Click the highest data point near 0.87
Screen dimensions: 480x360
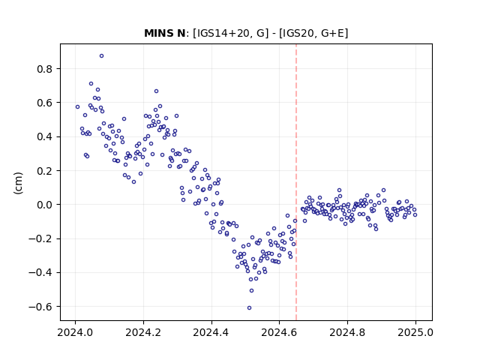click(102, 56)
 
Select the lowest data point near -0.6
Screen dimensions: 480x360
click(250, 308)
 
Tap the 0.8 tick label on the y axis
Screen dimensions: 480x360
click(45, 69)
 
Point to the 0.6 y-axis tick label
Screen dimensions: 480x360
click(45, 103)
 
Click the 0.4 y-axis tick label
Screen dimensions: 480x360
click(45, 136)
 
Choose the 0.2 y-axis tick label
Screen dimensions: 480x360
click(45, 171)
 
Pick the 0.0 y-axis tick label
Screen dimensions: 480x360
click(45, 205)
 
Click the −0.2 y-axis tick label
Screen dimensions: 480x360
click(40, 238)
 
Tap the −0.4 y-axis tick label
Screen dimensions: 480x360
click(40, 273)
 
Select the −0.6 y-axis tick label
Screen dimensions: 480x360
click(40, 307)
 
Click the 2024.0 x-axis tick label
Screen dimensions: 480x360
click(75, 332)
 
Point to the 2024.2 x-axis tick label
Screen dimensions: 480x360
click(143, 332)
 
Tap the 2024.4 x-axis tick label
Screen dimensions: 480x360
click(211, 332)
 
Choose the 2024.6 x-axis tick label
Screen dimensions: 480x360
click(279, 332)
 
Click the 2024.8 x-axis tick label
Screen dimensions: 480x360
click(347, 332)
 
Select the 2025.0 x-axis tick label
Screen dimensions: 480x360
click(415, 332)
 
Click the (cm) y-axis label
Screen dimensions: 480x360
click(18, 183)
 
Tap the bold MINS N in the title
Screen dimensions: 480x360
click(165, 33)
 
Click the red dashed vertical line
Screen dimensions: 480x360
click(296, 182)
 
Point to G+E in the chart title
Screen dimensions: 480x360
click(333, 33)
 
